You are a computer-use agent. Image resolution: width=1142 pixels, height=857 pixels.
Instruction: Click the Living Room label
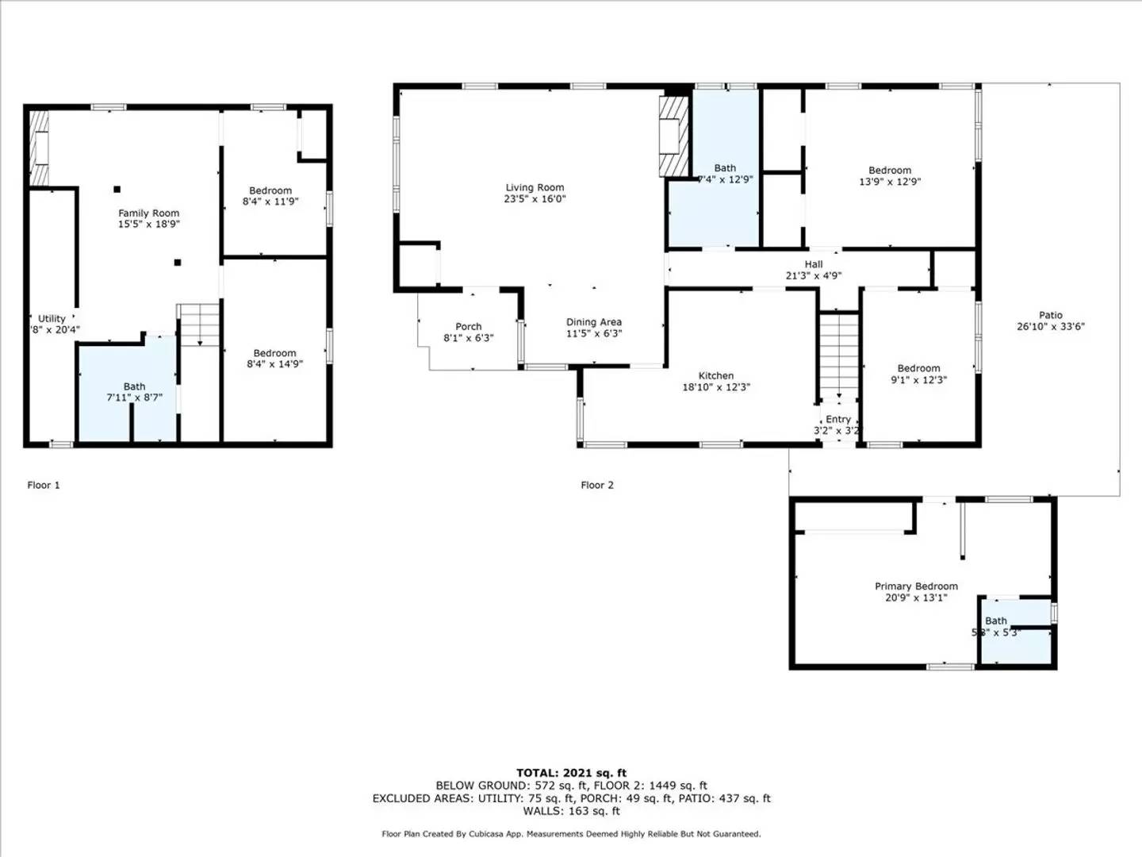[535, 188]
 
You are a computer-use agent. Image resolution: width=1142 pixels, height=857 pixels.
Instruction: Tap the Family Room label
[149, 213]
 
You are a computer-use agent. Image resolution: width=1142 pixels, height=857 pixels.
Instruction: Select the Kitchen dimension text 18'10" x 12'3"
[716, 387]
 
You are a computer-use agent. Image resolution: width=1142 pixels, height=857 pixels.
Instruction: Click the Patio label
[1051, 315]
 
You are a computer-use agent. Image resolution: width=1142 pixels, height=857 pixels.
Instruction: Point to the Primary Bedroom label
[916, 586]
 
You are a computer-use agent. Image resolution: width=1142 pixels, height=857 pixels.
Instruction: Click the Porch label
[469, 327]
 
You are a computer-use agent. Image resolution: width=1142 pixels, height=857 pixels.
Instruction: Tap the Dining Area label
[594, 322]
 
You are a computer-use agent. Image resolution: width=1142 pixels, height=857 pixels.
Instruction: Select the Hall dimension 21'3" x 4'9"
[814, 276]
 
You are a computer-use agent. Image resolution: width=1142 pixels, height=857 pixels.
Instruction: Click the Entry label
[838, 420]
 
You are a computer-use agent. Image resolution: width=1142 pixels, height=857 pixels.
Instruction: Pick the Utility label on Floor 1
[52, 319]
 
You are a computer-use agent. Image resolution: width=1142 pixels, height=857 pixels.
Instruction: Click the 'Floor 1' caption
[44, 485]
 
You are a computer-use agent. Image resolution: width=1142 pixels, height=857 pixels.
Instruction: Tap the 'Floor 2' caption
[597, 485]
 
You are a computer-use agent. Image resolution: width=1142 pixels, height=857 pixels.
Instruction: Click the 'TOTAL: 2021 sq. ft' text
[571, 773]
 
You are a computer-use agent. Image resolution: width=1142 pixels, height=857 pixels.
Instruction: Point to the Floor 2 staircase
[839, 354]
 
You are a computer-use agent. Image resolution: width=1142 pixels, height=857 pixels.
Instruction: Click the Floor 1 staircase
[199, 324]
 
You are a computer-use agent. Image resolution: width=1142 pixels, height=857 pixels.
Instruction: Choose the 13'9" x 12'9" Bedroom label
[890, 171]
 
